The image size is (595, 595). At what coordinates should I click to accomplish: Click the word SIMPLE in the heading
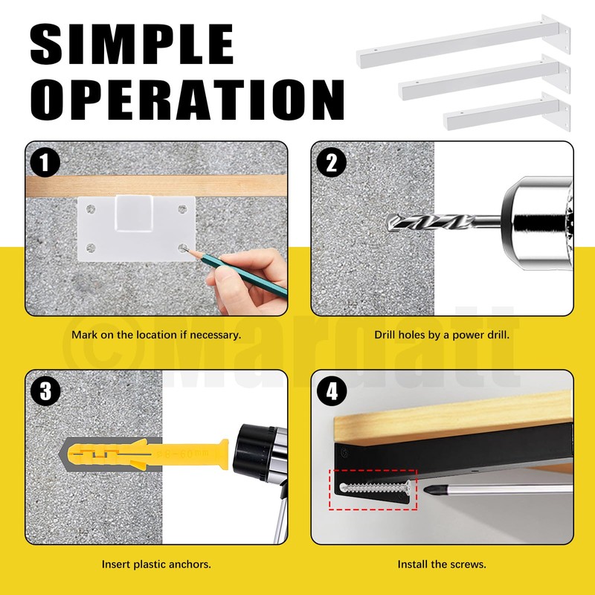(x=132, y=45)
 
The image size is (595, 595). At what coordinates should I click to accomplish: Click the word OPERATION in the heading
(x=187, y=100)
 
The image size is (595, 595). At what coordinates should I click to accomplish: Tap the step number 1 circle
(x=45, y=163)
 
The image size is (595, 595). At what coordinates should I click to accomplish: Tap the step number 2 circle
(x=331, y=162)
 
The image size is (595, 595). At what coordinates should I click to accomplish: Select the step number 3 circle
(x=45, y=391)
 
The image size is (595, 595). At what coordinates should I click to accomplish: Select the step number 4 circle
(x=331, y=391)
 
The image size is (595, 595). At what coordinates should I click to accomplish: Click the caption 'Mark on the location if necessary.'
(x=156, y=335)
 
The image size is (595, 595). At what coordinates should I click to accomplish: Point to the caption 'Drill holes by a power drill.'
(x=442, y=335)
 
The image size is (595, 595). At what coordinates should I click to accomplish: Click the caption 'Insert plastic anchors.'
(x=156, y=565)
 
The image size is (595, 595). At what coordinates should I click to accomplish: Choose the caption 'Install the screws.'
(x=442, y=565)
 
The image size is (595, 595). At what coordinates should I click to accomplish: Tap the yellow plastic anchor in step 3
(x=148, y=454)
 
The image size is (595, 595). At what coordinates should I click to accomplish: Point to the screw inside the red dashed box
(x=375, y=488)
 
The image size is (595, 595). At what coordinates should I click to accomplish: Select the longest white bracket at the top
(x=463, y=41)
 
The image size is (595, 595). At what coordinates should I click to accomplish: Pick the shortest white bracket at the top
(x=507, y=112)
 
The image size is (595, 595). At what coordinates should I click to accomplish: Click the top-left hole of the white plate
(x=91, y=209)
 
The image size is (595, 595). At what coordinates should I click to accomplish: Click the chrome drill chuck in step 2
(x=537, y=224)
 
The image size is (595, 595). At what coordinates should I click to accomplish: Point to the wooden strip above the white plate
(x=156, y=185)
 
